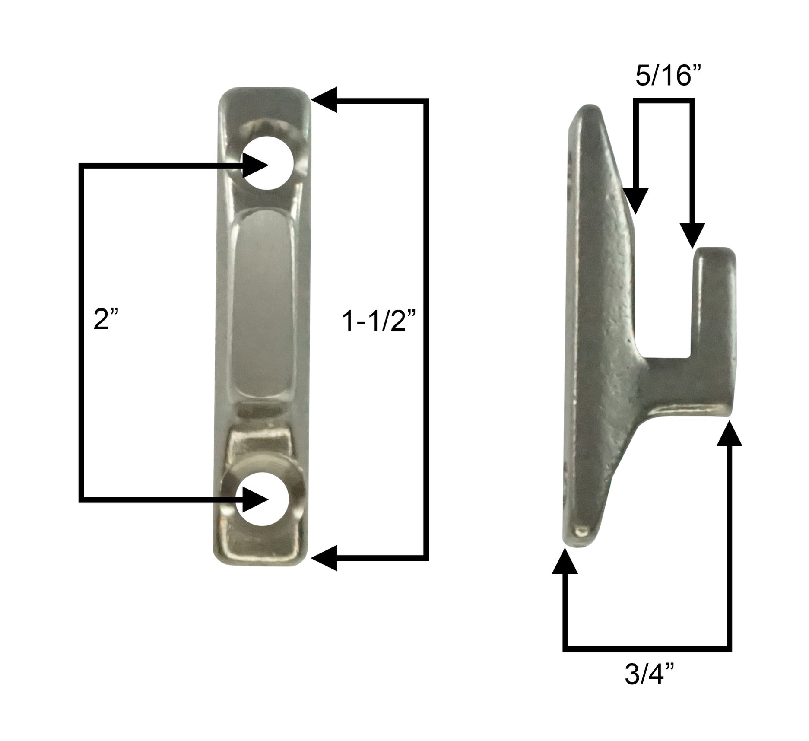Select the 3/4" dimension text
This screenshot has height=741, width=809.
(649, 674)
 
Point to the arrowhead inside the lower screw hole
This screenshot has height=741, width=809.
(255, 499)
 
